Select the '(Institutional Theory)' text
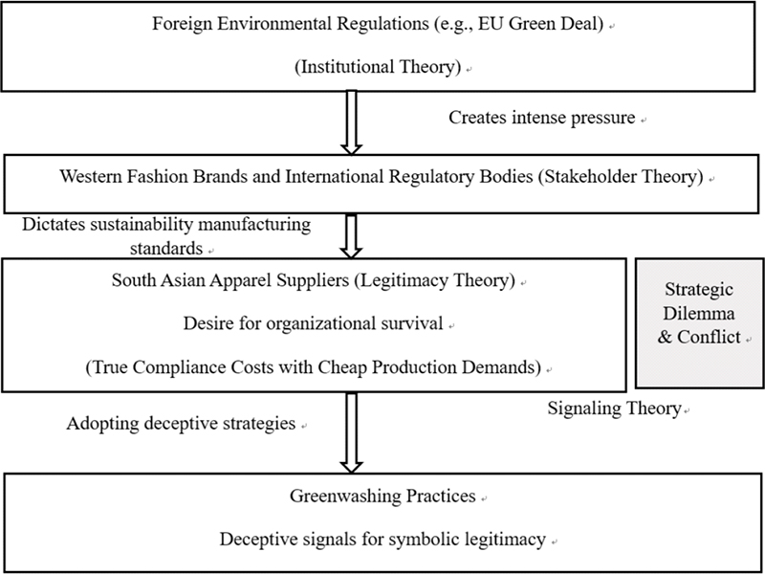pyautogui.click(x=378, y=66)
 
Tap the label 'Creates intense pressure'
pyautogui.click(x=541, y=118)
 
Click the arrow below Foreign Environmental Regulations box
pyautogui.click(x=351, y=122)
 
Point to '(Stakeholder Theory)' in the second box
pyautogui.click(x=621, y=176)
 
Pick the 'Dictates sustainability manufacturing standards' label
pyautogui.click(x=166, y=236)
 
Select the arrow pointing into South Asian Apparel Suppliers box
pyautogui.click(x=351, y=236)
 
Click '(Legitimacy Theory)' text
pyautogui.click(x=435, y=280)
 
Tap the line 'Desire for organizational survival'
pyautogui.click(x=314, y=323)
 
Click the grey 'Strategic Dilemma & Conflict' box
pyautogui.click(x=699, y=323)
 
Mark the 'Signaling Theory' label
pyautogui.click(x=614, y=408)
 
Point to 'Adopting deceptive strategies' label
pyautogui.click(x=181, y=423)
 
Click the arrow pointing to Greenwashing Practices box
pyautogui.click(x=351, y=433)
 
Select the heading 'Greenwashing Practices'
pyautogui.click(x=382, y=496)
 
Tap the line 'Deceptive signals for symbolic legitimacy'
pyautogui.click(x=382, y=540)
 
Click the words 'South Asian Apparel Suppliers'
pyautogui.click(x=230, y=280)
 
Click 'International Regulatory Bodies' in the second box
pyautogui.click(x=409, y=176)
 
